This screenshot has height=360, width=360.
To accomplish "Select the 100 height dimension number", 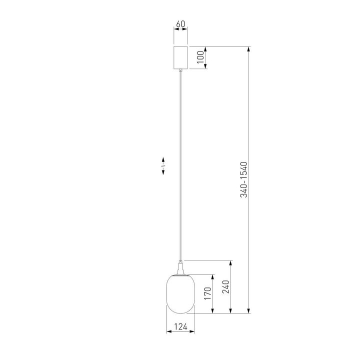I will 200,57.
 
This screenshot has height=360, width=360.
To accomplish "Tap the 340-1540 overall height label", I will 243,179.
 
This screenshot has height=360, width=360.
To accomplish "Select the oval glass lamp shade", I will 180,294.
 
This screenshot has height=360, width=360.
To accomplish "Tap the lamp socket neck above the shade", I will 180,267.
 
